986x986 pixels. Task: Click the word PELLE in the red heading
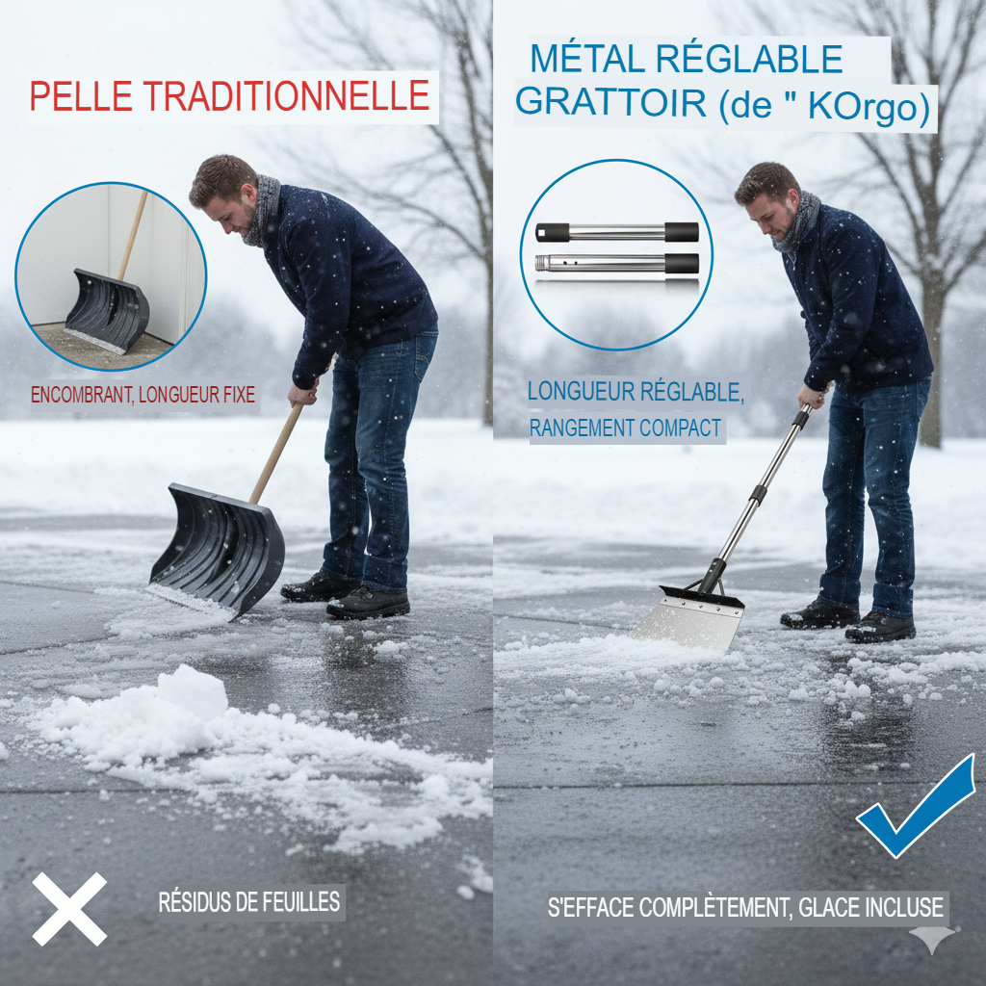81,97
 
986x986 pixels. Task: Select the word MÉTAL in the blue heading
587,59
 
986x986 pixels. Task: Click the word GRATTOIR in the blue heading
610,102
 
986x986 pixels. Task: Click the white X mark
69,909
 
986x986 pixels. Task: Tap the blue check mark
917,807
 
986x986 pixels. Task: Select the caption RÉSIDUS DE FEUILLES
249,901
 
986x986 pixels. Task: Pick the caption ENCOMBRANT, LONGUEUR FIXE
143,395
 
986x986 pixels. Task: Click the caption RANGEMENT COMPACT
625,428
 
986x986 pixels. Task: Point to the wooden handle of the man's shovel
276,453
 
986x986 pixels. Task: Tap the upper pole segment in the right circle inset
617,232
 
